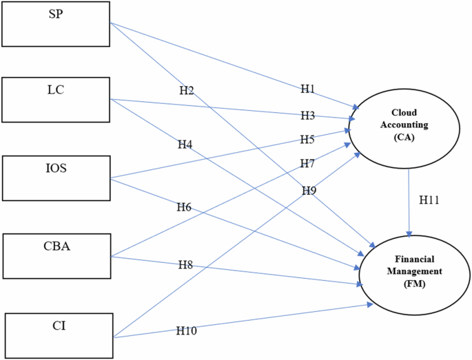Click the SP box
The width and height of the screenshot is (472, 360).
click(x=56, y=23)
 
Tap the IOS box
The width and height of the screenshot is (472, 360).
click(x=56, y=178)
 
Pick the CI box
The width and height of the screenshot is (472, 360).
click(x=59, y=336)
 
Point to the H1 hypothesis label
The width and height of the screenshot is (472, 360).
click(x=307, y=89)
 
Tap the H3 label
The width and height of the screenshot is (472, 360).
click(x=307, y=115)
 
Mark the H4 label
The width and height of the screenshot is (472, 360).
click(x=185, y=145)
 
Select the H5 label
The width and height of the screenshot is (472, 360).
click(x=307, y=140)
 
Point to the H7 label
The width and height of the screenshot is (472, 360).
click(x=307, y=164)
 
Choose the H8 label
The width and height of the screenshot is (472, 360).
click(x=185, y=265)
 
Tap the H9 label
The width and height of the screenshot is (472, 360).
click(x=309, y=190)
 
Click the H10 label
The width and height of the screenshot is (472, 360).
click(x=186, y=331)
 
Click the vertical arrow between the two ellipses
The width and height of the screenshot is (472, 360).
click(x=411, y=207)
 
